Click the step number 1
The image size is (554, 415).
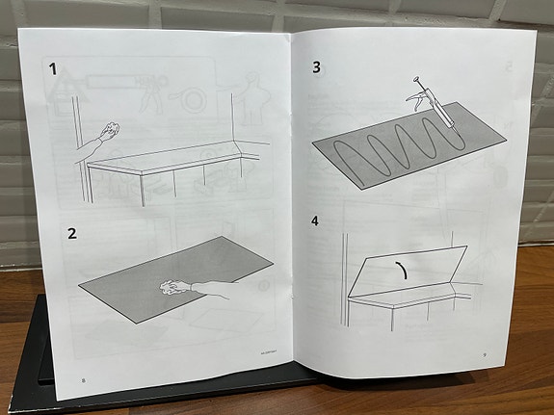point(54,69)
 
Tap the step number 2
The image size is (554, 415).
point(71,234)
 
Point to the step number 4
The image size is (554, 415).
point(315,220)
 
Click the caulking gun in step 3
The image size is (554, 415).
point(435,104)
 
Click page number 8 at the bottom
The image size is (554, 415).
point(83,380)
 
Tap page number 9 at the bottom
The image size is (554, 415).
point(485,354)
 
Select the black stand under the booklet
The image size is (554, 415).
point(24,347)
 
